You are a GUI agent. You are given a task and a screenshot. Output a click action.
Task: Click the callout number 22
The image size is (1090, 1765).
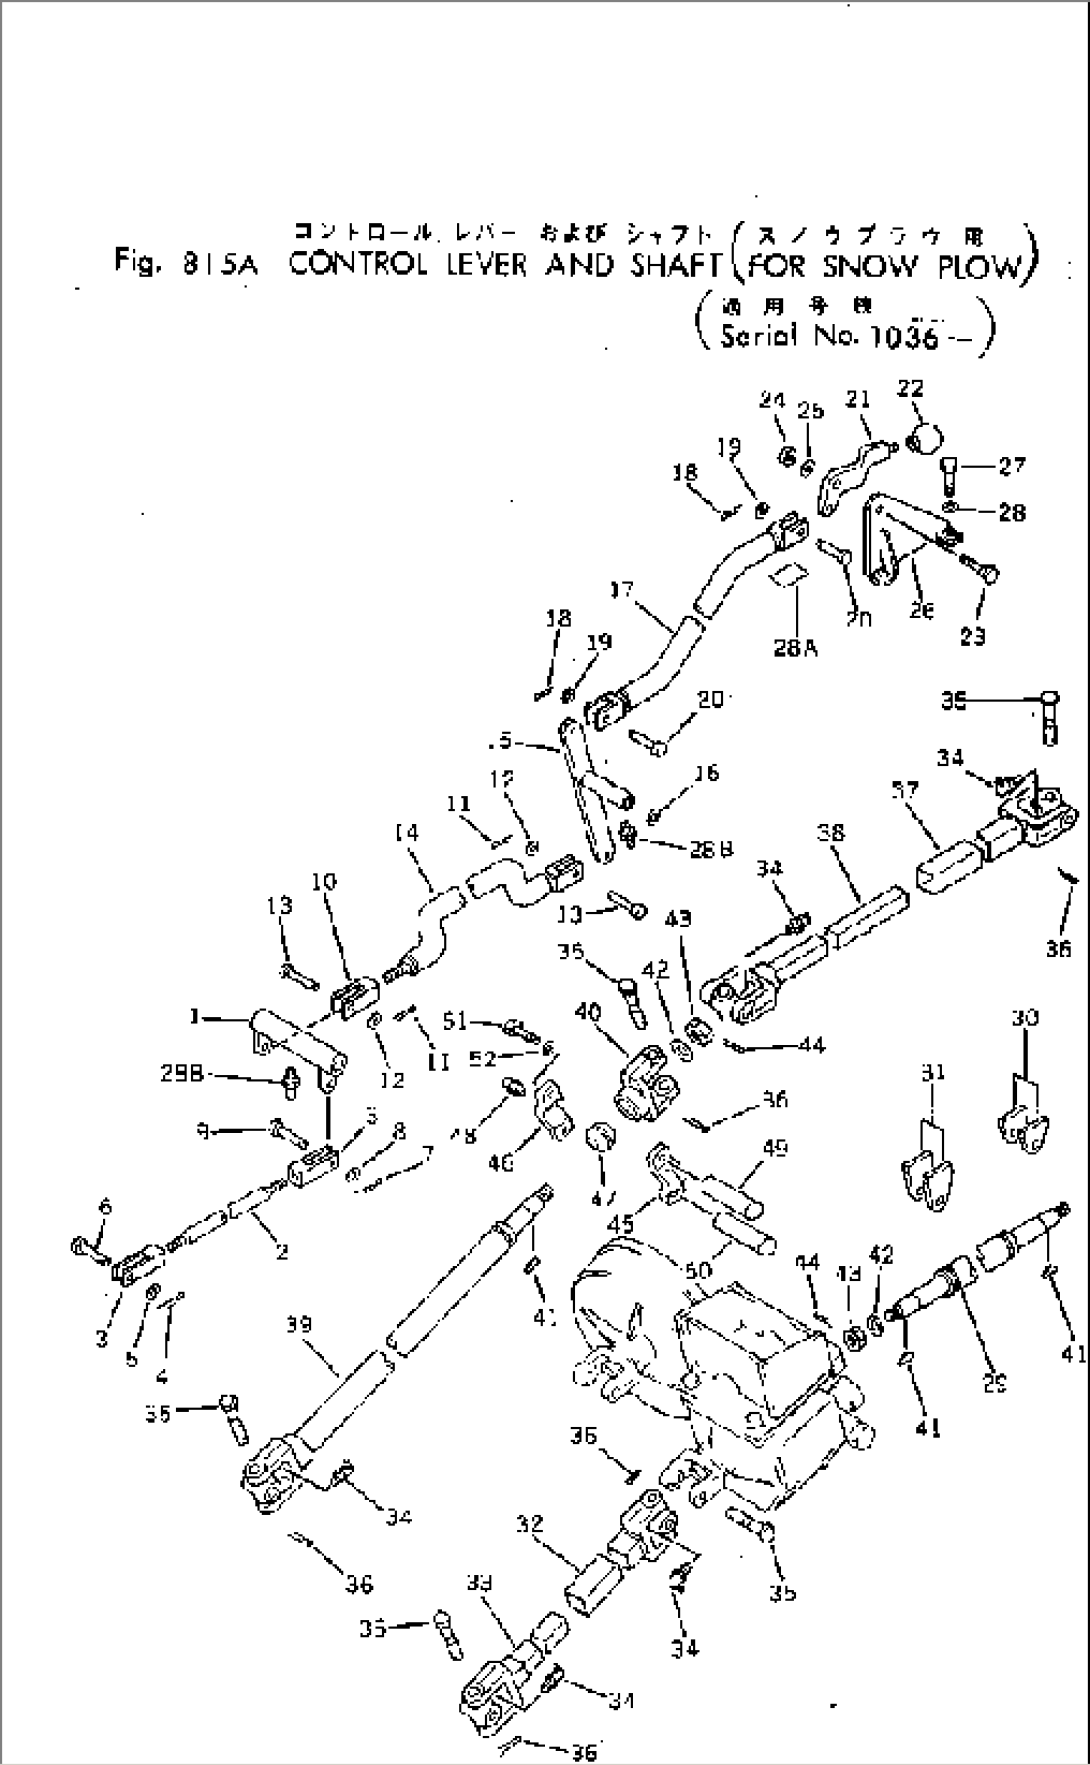click(x=910, y=389)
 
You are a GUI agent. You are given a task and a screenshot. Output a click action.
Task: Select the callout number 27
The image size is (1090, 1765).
click(x=1012, y=465)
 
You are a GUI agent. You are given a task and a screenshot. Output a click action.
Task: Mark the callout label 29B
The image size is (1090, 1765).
click(x=183, y=1073)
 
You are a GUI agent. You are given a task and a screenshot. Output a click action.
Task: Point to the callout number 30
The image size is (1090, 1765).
click(x=1026, y=1019)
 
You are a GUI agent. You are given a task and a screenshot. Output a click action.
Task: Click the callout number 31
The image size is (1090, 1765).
click(x=932, y=1073)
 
